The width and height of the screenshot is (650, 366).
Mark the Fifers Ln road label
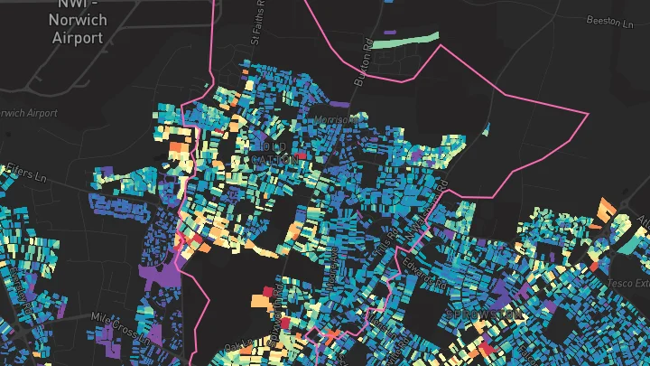23,169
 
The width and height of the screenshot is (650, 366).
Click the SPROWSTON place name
485,314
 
